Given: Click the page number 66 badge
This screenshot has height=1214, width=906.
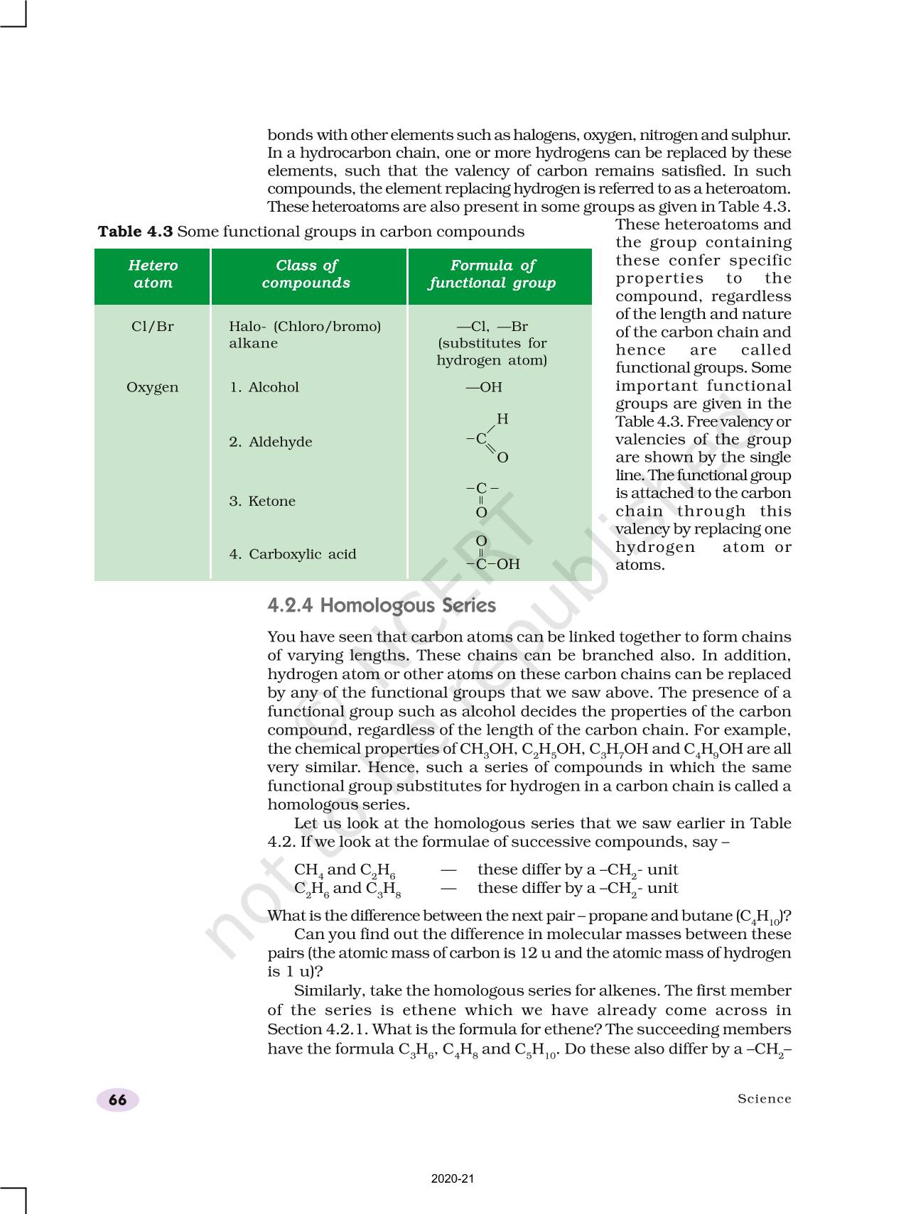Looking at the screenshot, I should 117,1100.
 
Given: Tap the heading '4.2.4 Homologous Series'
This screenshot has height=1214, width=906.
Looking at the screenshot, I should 382,605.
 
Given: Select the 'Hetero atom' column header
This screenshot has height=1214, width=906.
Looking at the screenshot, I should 153,274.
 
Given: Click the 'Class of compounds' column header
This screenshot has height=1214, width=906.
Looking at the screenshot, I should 306,274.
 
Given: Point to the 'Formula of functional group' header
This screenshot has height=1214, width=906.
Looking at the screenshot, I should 492,274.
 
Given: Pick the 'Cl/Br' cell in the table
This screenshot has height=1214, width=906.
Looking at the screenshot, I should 153,327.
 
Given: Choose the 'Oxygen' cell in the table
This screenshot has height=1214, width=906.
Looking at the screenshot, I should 153,387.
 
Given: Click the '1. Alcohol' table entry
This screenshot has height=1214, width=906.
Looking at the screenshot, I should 264,387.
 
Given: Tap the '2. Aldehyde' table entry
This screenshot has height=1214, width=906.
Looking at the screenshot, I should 271,442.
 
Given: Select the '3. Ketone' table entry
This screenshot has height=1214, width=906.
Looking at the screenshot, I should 262,501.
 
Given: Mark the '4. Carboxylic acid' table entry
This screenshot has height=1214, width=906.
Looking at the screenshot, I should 293,554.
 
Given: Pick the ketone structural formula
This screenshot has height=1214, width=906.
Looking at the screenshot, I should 482,500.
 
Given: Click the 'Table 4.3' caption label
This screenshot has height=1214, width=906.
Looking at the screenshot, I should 135,232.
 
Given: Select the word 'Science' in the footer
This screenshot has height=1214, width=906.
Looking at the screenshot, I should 764,1099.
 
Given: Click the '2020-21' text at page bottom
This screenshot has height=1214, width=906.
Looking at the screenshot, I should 453,1178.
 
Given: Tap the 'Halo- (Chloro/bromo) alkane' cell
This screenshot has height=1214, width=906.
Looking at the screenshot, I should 305,335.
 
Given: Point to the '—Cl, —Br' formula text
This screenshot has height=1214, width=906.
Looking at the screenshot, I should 492,327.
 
